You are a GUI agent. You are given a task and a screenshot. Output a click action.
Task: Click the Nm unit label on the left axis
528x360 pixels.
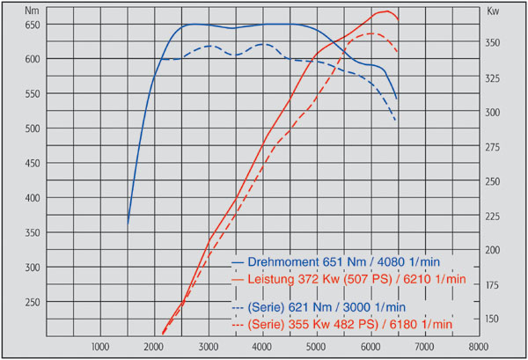[x=32, y=11]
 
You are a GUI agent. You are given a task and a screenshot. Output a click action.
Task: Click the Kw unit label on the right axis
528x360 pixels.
[x=493, y=11]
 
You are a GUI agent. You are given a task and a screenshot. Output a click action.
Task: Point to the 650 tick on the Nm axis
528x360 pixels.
[x=33, y=25]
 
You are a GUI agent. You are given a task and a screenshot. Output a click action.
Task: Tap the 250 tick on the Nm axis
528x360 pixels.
[x=33, y=303]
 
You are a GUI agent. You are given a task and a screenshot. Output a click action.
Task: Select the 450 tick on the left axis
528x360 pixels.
[x=33, y=164]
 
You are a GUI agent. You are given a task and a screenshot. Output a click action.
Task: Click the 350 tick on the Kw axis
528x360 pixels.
[x=492, y=43]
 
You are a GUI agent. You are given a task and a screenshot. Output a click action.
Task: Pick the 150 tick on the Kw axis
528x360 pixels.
[x=492, y=319]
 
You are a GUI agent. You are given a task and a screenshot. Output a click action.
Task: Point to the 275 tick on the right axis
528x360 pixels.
[x=492, y=147]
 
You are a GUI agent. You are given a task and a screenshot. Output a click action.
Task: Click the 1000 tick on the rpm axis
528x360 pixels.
[x=100, y=347]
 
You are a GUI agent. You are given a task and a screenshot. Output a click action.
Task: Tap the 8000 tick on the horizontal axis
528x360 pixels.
[x=479, y=347]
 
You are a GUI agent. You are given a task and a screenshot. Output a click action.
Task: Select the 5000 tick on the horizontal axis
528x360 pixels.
[x=316, y=347]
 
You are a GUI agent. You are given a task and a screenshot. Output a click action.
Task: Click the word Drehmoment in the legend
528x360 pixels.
[x=283, y=261]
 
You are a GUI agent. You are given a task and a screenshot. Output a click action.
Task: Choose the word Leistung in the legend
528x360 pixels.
[x=271, y=279]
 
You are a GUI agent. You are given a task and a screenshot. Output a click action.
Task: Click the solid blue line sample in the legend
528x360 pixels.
[x=238, y=262]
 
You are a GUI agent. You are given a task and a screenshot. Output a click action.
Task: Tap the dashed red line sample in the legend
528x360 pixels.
[x=238, y=325]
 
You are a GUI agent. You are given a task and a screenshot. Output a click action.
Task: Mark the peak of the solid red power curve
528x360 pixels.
[x=387, y=11]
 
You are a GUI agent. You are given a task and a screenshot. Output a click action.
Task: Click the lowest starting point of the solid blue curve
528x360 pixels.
[x=128, y=224]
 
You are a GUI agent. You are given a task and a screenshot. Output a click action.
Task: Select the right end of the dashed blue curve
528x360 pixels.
[x=396, y=121]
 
